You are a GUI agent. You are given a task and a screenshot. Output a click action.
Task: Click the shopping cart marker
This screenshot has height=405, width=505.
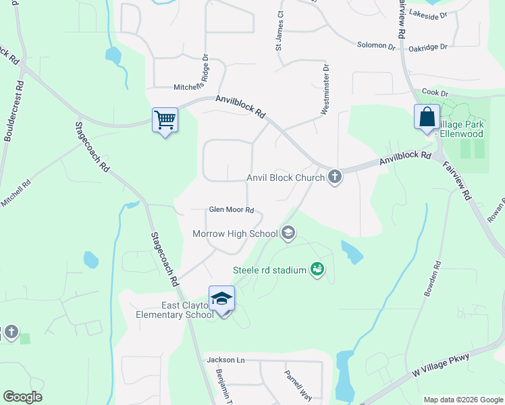tap(165, 120)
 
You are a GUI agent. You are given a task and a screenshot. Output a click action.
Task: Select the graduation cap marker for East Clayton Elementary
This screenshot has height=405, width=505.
tap(221, 297)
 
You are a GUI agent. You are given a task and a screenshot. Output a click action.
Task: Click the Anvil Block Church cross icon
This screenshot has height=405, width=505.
tap(334, 178)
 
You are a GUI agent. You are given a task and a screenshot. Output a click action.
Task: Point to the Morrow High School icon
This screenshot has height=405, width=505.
tap(288, 234)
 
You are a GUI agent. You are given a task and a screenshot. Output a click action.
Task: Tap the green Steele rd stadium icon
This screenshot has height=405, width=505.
tap(317, 270)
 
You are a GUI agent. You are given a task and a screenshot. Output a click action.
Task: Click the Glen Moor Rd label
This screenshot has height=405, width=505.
tap(231, 210)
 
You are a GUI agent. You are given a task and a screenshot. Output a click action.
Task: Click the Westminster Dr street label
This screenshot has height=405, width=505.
tap(325, 90)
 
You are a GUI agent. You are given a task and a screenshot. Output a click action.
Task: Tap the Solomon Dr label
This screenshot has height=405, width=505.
tap(376, 46)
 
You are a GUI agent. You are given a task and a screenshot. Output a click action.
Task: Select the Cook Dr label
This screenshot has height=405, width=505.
tap(435, 92)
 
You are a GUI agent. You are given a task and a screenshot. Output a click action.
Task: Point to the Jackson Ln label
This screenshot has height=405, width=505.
tap(225, 360)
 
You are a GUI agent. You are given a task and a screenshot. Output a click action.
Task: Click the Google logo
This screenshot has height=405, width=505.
tap(22, 397)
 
